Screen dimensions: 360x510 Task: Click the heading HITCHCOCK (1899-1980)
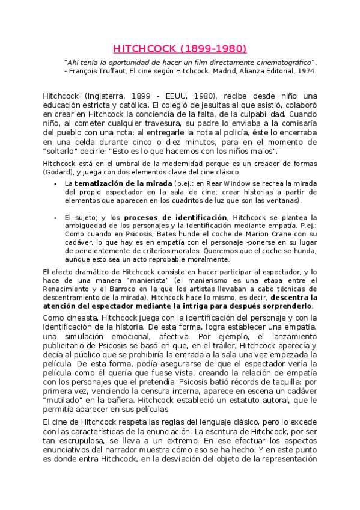coord(180,48)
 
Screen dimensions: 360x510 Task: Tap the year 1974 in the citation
coord(305,71)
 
